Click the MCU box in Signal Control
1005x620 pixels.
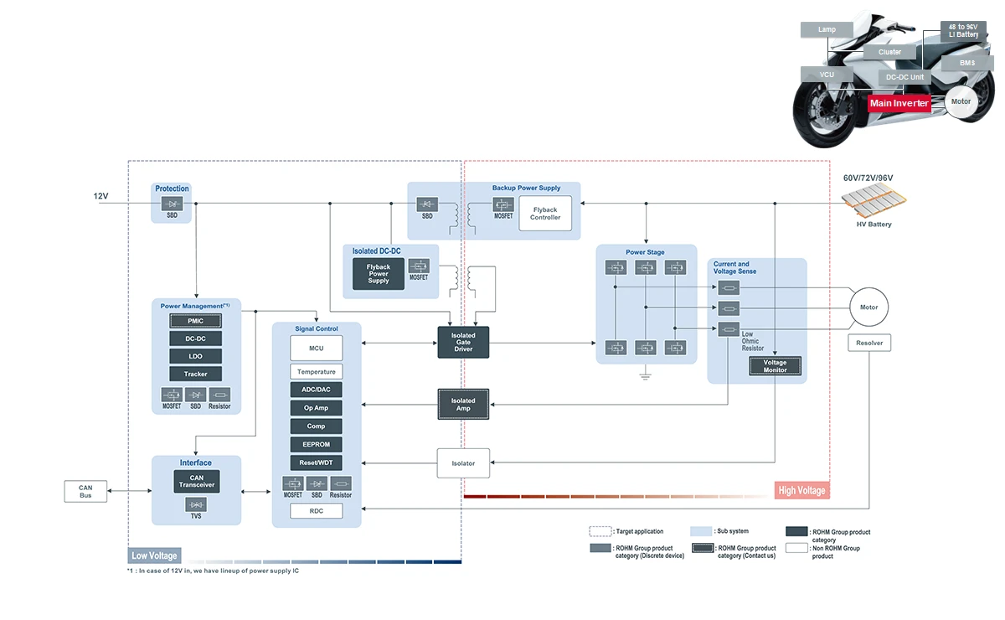coord(317,348)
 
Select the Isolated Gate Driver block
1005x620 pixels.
coord(463,342)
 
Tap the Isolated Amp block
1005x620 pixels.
coord(463,404)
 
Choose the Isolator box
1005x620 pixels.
coord(463,462)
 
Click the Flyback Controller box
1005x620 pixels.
coord(544,214)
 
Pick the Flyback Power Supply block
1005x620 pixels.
coord(379,274)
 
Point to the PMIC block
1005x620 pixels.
coord(195,321)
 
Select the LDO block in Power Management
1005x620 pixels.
coord(195,356)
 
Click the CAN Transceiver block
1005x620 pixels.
coord(197,481)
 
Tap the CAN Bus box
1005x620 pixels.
coord(85,491)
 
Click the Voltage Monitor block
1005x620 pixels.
coord(775,365)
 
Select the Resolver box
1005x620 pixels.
coord(869,343)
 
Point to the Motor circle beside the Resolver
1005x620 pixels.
coord(869,307)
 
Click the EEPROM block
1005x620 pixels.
coord(317,444)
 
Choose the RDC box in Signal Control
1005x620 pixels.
coord(317,510)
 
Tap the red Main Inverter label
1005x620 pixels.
coord(899,103)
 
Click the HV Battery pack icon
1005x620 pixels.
coord(874,201)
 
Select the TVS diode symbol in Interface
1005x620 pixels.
coord(197,504)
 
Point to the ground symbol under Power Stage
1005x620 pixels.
coord(645,376)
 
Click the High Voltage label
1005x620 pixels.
coord(801,490)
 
